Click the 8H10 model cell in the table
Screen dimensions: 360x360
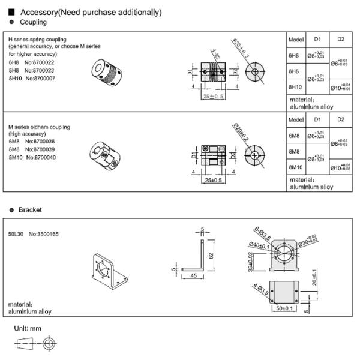[295, 87]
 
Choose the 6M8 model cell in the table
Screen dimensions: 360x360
[294, 136]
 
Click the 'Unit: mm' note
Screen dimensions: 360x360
[28, 328]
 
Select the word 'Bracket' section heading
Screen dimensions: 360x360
[30, 210]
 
